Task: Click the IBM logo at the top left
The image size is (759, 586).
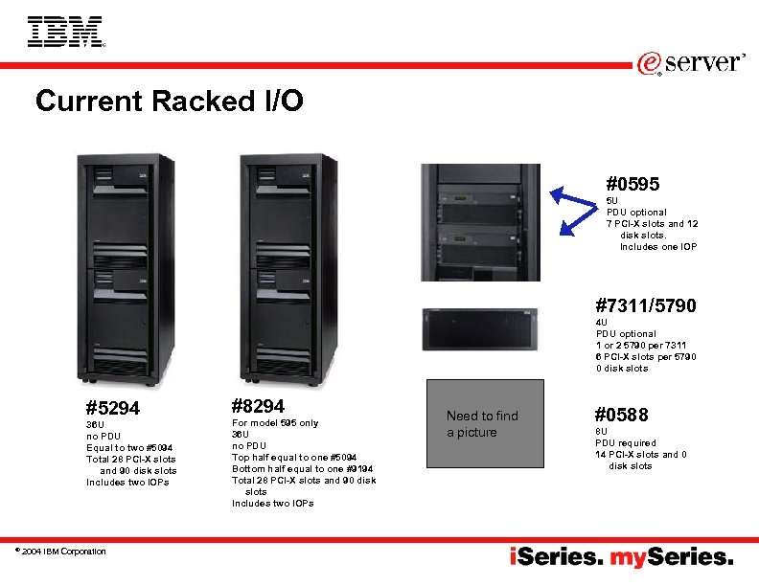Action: (65, 32)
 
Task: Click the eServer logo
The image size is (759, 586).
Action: (690, 63)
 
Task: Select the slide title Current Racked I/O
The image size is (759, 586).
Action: (169, 101)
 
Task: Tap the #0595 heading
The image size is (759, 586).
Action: (632, 183)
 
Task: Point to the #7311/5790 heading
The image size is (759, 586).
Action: (645, 306)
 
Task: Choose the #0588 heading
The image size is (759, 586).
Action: (621, 415)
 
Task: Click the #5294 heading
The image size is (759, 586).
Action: (112, 409)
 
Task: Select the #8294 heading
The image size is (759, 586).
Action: (258, 406)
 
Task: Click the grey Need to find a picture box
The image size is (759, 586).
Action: (485, 424)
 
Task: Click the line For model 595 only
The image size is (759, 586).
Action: (275, 422)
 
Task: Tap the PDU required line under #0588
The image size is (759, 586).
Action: (626, 443)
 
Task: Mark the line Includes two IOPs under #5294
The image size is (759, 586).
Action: (127, 483)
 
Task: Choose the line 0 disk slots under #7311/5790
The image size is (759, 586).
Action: (621, 369)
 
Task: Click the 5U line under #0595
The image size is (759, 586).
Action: (612, 200)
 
